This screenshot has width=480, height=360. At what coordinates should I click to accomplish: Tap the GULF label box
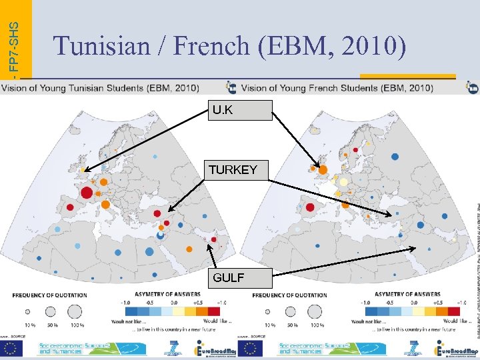(x=229, y=277)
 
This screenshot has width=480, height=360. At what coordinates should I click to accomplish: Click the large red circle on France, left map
(x=87, y=193)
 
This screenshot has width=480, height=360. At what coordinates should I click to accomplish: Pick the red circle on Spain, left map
(x=68, y=207)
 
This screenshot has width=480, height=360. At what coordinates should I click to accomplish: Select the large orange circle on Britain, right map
(x=323, y=170)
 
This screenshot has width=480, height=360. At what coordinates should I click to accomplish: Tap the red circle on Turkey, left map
(x=157, y=213)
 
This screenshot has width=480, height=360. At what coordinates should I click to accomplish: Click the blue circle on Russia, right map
(x=395, y=157)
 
